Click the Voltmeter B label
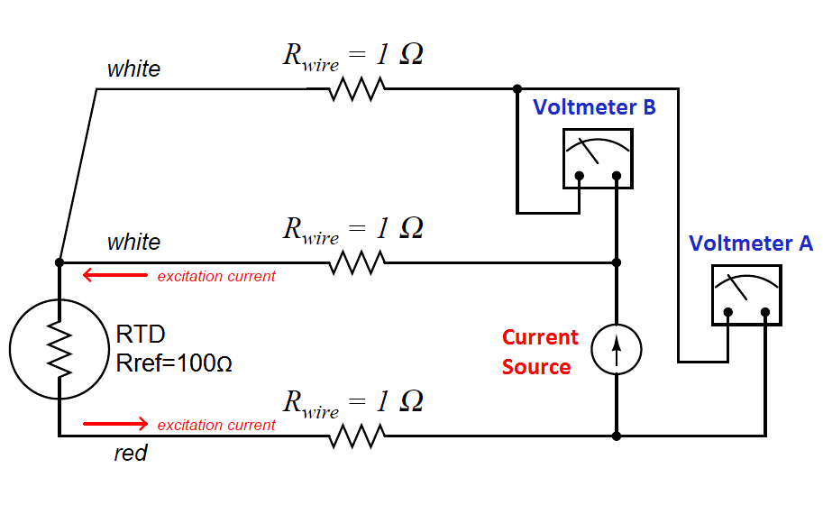click(594, 107)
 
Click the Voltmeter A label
click(751, 243)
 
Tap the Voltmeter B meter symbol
click(597, 158)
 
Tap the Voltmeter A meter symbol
click(745, 295)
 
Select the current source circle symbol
click(617, 349)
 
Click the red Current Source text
click(539, 352)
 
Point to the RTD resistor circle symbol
click(59, 349)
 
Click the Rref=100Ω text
click(175, 363)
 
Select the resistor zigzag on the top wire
click(356, 89)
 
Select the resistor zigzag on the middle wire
click(356, 262)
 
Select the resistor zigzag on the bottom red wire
click(356, 436)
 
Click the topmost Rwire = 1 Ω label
click(352, 56)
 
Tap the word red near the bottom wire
click(130, 454)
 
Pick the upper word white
click(133, 69)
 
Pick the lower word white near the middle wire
click(133, 243)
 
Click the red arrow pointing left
click(114, 276)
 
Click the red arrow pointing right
click(114, 424)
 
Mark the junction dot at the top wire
click(517, 89)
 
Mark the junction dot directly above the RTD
click(59, 262)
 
